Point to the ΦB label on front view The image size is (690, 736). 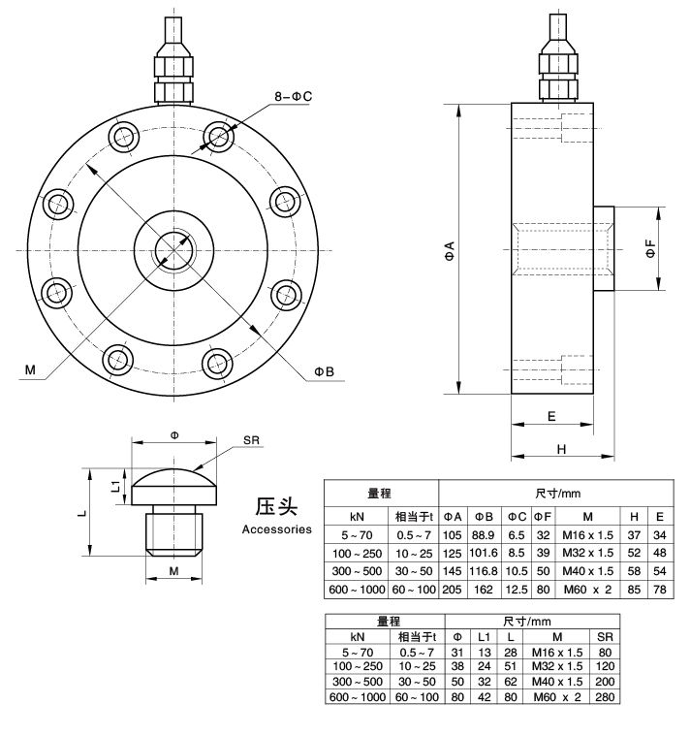(x=324, y=370)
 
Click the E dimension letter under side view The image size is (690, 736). (x=550, y=416)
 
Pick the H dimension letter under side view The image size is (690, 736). (x=561, y=448)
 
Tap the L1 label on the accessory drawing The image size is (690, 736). (x=114, y=482)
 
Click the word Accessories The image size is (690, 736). (x=276, y=529)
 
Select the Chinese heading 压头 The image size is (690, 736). (x=276, y=507)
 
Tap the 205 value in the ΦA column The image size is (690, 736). (x=453, y=589)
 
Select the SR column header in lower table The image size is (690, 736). (x=605, y=636)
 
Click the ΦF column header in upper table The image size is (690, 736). (x=545, y=515)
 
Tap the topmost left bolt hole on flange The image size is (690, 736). (x=125, y=135)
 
